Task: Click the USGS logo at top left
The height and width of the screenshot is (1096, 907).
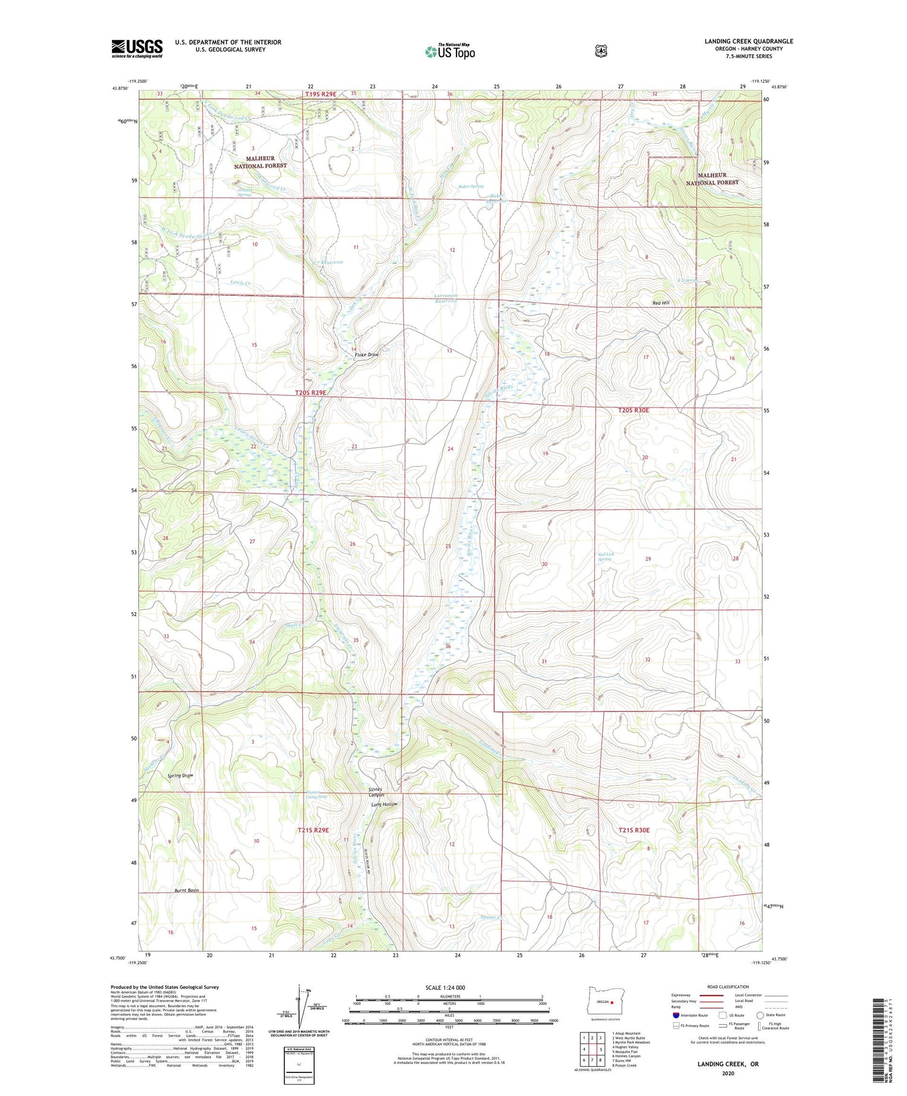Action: click(x=137, y=48)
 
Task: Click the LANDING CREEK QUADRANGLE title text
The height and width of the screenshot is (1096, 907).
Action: click(x=748, y=41)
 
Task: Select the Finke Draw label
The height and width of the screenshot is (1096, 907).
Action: click(x=365, y=355)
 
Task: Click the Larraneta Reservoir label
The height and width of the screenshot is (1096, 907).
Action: click(x=449, y=298)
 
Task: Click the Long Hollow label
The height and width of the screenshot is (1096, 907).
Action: click(x=385, y=805)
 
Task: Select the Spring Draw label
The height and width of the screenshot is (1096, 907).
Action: click(x=180, y=776)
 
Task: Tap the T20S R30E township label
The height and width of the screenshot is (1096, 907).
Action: click(x=633, y=410)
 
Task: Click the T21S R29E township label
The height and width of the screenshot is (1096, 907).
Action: click(x=313, y=830)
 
